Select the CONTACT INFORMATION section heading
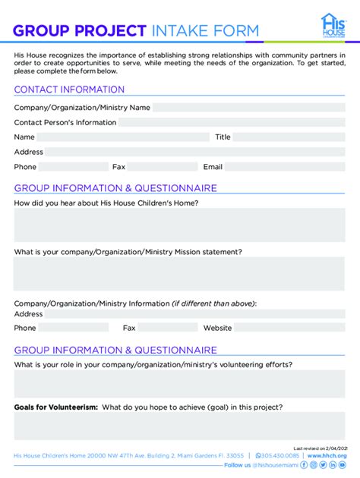[69, 90]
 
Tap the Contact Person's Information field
[232, 122]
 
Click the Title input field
[289, 137]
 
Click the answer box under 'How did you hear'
[179, 225]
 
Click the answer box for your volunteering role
[179, 383]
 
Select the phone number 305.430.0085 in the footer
[280, 455]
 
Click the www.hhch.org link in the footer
[327, 455]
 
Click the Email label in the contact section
[213, 167]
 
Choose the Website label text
[217, 328]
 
